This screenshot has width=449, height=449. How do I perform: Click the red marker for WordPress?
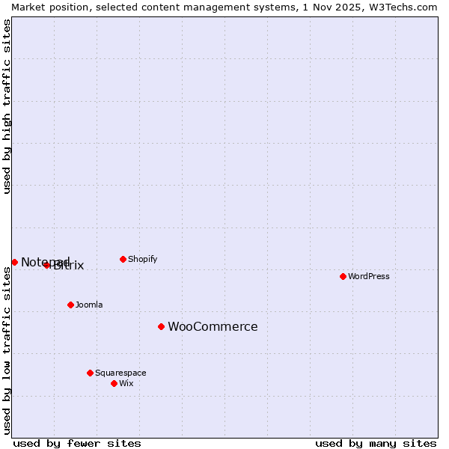pyautogui.click(x=343, y=276)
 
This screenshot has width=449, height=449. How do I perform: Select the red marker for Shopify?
pyautogui.click(x=123, y=259)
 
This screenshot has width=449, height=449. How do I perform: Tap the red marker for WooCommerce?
pyautogui.click(x=161, y=326)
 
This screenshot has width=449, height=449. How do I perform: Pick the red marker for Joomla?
pyautogui.click(x=70, y=305)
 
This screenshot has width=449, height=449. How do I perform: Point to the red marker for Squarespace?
pyautogui.click(x=90, y=373)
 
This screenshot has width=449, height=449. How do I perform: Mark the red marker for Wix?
pyautogui.click(x=114, y=383)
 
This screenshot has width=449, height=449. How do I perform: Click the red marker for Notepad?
pyautogui.click(x=14, y=262)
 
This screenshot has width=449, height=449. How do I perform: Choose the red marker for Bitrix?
pyautogui.click(x=46, y=265)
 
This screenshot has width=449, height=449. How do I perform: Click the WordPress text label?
pyautogui.click(x=369, y=276)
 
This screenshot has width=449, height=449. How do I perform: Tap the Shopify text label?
pyautogui.click(x=142, y=259)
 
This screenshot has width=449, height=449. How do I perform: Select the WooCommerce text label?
pyautogui.click(x=213, y=326)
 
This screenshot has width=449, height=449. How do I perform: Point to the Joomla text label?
pyautogui.click(x=89, y=305)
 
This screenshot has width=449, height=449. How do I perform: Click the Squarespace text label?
pyautogui.click(x=120, y=373)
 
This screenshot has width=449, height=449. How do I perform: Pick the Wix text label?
pyautogui.click(x=126, y=383)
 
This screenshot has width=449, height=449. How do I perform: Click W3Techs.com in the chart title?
pyautogui.click(x=400, y=7)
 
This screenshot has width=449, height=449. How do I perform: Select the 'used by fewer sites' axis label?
pyautogui.click(x=77, y=443)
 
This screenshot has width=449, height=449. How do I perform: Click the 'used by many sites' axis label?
pyautogui.click(x=376, y=443)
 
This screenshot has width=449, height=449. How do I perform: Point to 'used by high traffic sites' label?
pyautogui.click(x=7, y=106)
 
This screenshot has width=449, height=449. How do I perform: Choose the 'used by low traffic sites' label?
pyautogui.click(x=7, y=350)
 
